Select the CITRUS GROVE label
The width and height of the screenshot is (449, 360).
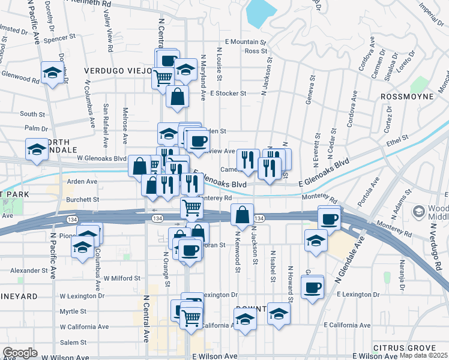pos(403,348)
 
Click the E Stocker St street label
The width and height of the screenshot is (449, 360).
pos(228,94)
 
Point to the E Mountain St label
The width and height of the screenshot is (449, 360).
pos(245,42)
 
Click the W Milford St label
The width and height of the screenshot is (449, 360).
pos(121,278)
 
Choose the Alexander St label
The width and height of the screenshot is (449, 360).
pos(28,271)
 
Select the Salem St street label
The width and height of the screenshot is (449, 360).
pos(73,342)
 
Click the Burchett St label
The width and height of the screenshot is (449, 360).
pos(82,199)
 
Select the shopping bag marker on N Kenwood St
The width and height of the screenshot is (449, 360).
pos(241,214)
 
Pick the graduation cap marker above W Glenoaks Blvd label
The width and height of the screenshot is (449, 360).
pos(37,149)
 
